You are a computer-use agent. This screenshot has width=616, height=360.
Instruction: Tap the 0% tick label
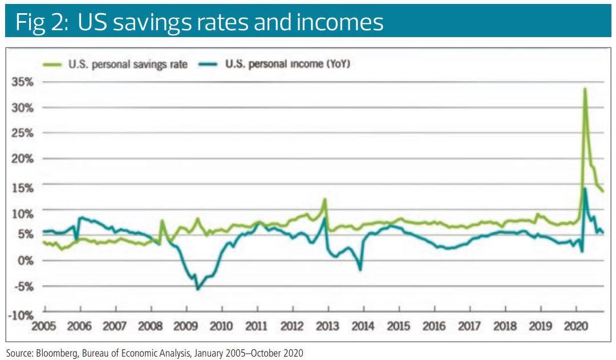click(x=26, y=261)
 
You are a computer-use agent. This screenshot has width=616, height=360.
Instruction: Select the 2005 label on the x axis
click(x=44, y=326)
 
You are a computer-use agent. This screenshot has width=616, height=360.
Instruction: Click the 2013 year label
click(x=327, y=326)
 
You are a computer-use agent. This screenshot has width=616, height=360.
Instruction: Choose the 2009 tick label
click(x=186, y=326)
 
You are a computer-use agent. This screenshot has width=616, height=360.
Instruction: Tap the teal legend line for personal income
click(x=209, y=64)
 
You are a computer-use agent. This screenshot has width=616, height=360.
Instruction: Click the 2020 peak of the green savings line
click(x=585, y=88)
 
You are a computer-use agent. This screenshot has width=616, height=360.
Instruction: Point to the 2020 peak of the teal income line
click(x=585, y=189)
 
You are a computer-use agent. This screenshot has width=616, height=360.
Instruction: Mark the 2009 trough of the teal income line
click(x=198, y=289)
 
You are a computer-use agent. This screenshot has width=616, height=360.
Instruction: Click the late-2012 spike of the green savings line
click(x=325, y=199)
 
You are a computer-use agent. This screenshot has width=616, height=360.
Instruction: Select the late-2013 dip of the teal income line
click(x=360, y=269)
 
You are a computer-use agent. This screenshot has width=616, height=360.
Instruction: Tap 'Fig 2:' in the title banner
click(x=38, y=22)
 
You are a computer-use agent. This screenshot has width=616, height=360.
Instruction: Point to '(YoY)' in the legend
click(x=337, y=64)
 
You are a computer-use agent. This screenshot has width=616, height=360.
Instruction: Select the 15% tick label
click(x=23, y=188)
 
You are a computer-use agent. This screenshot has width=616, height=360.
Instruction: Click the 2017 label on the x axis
click(x=469, y=326)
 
